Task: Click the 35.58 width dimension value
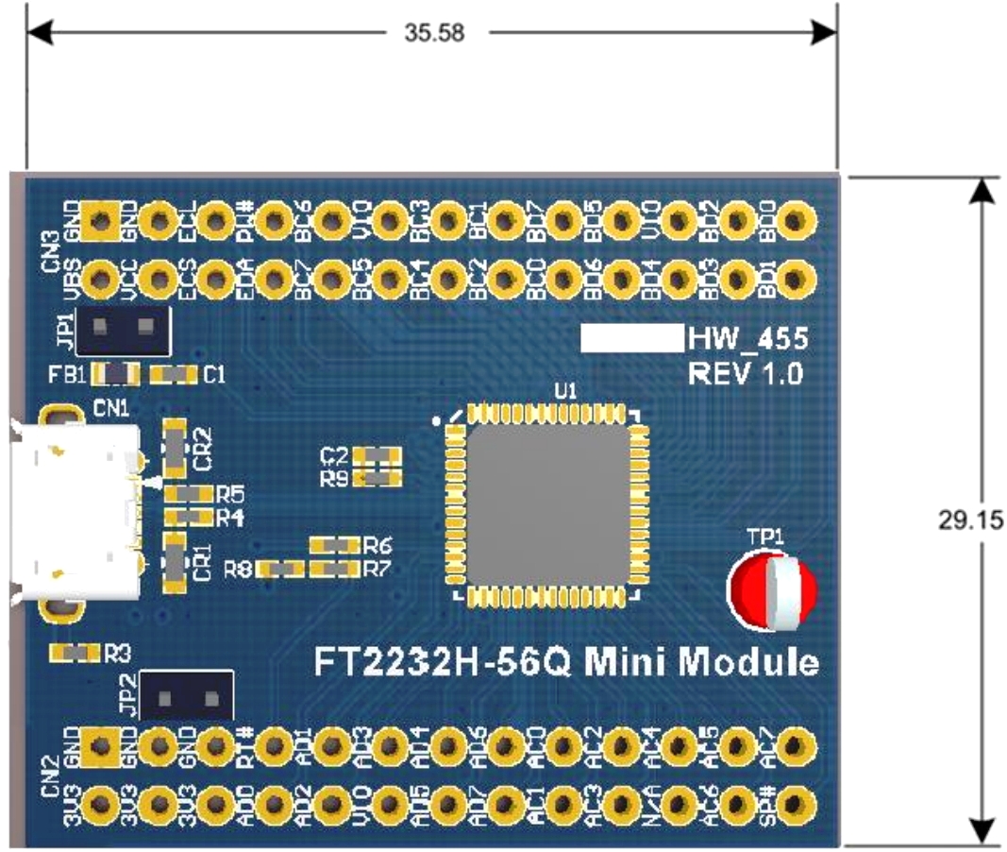pyautogui.click(x=433, y=33)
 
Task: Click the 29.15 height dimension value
pyautogui.click(x=968, y=520)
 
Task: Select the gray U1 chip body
pyautogui.click(x=548, y=505)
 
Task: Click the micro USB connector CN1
pyautogui.click(x=71, y=513)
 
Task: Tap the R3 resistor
pyautogui.click(x=75, y=653)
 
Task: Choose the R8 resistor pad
pyautogui.click(x=282, y=570)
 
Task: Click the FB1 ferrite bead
pyautogui.click(x=114, y=374)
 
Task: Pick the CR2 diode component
pyautogui.click(x=175, y=448)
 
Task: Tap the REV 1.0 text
pyautogui.click(x=747, y=373)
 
